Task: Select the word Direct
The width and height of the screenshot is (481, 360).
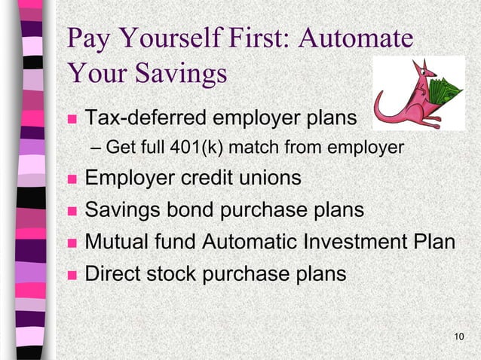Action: [x=113, y=273]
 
